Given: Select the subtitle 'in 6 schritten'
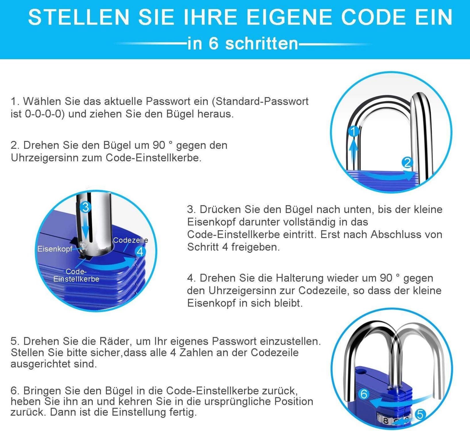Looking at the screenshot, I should click(x=243, y=44).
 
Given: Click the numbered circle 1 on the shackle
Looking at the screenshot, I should click(x=353, y=131).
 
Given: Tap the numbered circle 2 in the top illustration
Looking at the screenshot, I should click(x=407, y=163).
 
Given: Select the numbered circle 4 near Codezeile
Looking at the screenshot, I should click(x=140, y=251).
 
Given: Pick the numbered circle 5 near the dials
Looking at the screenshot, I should click(x=420, y=414).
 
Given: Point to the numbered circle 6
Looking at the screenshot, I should click(x=364, y=394).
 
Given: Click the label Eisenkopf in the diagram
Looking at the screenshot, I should click(x=55, y=249).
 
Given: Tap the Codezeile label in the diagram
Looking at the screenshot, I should click(x=130, y=240).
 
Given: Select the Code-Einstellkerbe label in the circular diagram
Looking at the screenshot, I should click(x=76, y=275).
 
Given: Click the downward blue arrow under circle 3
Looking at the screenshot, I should click(x=85, y=227).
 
